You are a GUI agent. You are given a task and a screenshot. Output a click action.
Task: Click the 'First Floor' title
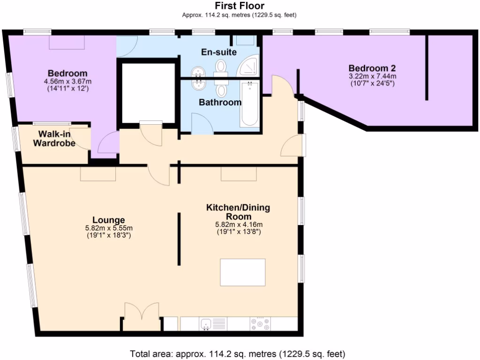click(x=240, y=6)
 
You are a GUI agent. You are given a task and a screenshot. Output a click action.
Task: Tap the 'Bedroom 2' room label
click(x=372, y=67)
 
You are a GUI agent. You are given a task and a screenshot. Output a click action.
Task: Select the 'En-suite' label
click(x=219, y=52)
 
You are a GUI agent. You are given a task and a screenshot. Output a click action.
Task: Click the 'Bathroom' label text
click(x=220, y=102)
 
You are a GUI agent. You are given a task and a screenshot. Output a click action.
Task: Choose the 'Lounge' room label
click(x=108, y=220)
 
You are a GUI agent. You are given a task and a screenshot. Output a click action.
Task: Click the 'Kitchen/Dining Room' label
click(x=238, y=212)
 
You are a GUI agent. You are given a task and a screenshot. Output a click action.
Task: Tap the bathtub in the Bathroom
click(x=249, y=104)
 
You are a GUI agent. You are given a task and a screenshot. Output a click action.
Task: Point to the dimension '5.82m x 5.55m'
click(x=108, y=228)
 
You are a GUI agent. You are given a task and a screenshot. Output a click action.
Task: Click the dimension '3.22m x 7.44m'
click(x=372, y=76)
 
